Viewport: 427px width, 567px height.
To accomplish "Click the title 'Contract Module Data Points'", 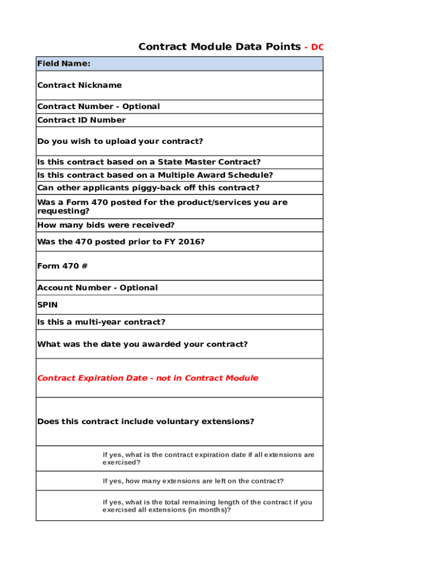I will [x=219, y=47].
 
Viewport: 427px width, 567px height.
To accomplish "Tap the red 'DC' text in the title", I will [x=317, y=47].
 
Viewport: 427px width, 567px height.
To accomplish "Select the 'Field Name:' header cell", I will [x=64, y=64].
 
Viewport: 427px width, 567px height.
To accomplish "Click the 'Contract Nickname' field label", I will [x=79, y=85].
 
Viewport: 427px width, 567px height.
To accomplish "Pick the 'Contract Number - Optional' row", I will [x=98, y=106].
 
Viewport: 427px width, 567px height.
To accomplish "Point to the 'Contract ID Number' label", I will [x=82, y=120].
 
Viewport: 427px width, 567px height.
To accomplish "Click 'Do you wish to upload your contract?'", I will [x=120, y=141].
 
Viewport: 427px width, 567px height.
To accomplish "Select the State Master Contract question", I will [x=149, y=162].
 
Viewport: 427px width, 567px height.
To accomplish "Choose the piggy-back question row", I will [x=148, y=188].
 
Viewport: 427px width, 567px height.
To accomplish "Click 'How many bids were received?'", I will [x=106, y=225].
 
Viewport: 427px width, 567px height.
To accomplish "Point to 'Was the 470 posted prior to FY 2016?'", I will [x=120, y=241].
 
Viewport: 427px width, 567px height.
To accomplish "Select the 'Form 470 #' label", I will [x=62, y=266].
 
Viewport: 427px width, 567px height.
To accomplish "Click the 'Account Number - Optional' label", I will [x=97, y=287].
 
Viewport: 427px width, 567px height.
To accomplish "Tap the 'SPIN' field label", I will [x=47, y=305].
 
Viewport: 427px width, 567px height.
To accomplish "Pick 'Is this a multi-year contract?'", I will [x=101, y=322].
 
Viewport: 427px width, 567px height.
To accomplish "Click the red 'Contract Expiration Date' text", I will [x=148, y=378].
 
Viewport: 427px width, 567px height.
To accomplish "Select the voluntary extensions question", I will [x=145, y=421].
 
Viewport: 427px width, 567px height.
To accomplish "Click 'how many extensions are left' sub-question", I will [x=193, y=481].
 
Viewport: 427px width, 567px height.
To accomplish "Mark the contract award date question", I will [x=142, y=344].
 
